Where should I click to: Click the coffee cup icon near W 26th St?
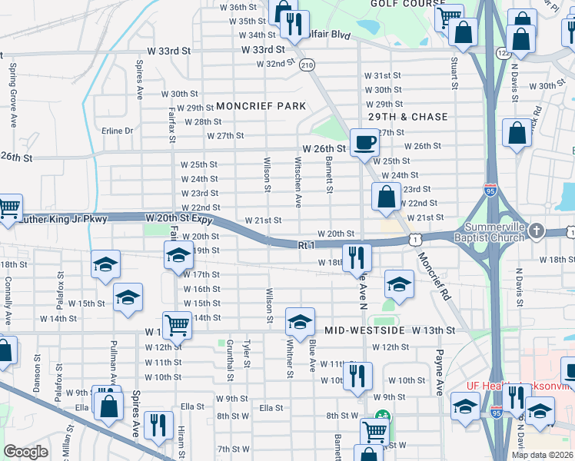364,141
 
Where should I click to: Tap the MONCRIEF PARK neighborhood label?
261,106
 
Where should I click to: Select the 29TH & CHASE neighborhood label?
408,117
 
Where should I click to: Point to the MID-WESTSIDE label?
364,330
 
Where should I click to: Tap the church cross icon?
540,230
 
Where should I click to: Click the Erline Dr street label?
118,131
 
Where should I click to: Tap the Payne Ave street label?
440,371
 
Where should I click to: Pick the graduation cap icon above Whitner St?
300,320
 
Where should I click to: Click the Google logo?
26,453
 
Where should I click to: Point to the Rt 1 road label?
306,244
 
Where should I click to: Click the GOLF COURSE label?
398,3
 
